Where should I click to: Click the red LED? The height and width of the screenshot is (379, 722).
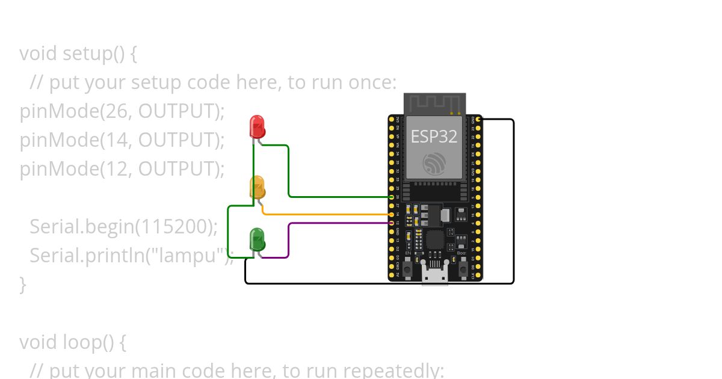click(257, 126)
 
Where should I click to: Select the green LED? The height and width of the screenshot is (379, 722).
click(257, 239)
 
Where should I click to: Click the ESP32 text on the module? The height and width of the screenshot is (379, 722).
click(434, 137)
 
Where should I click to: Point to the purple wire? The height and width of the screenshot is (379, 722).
click(289, 241)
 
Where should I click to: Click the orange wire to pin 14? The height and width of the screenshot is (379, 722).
click(325, 214)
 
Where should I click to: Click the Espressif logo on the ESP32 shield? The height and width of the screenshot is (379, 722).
click(434, 164)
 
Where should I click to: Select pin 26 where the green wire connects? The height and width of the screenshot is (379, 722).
click(392, 197)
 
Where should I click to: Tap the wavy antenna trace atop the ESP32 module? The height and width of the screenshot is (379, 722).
click(434, 103)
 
